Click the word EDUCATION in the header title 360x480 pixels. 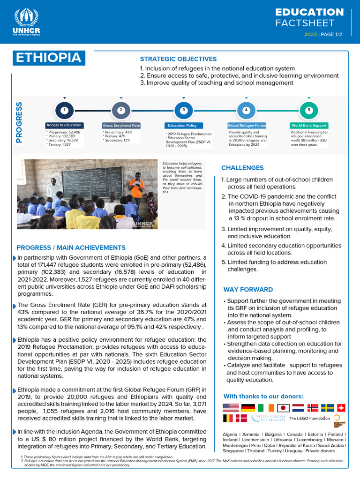pos(309,12)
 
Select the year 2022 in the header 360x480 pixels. pos(310,35)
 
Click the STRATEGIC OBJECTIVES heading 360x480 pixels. pos(178,59)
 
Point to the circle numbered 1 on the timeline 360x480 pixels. pos(65,110)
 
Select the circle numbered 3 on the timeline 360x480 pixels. pos(184,110)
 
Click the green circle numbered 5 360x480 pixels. pos(309,110)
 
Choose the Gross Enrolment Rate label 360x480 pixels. pos(121,126)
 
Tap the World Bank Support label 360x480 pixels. pos(309,126)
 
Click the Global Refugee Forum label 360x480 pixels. pos(247,126)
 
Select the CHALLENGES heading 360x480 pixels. pos(242,168)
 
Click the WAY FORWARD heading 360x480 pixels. pos(248,290)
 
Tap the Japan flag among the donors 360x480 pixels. pos(283,407)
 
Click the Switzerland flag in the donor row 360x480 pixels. pos(341,407)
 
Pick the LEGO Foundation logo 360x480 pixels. pos(309,418)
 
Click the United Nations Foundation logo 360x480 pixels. pos(269,418)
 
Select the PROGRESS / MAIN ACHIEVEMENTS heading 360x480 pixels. pos(71,247)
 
